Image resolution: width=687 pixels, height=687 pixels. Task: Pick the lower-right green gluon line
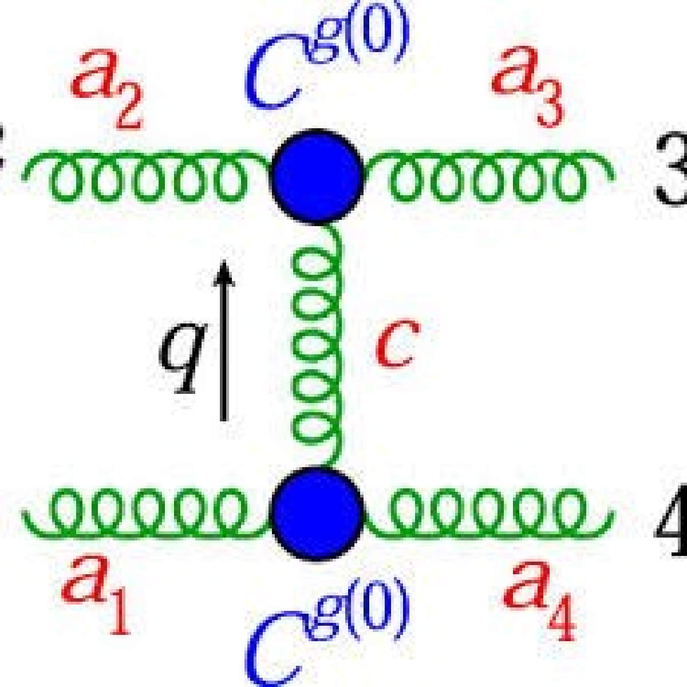tap(489, 510)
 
